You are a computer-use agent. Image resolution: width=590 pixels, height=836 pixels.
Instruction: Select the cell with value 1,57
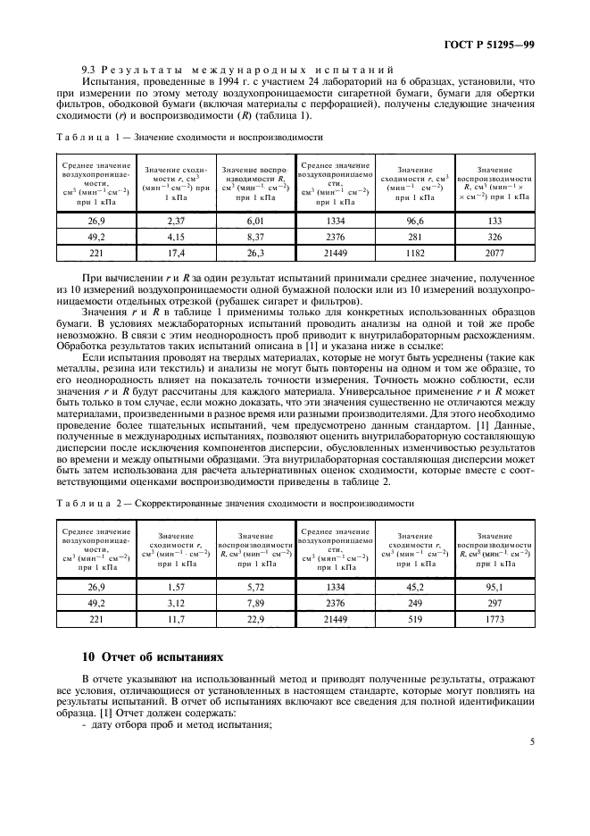pos(175,586)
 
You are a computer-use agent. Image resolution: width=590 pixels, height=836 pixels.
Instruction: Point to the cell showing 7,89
pos(255,604)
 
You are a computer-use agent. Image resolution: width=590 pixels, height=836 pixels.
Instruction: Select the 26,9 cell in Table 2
pos(96,586)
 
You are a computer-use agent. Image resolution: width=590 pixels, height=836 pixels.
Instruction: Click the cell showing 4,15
pos(175,237)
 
